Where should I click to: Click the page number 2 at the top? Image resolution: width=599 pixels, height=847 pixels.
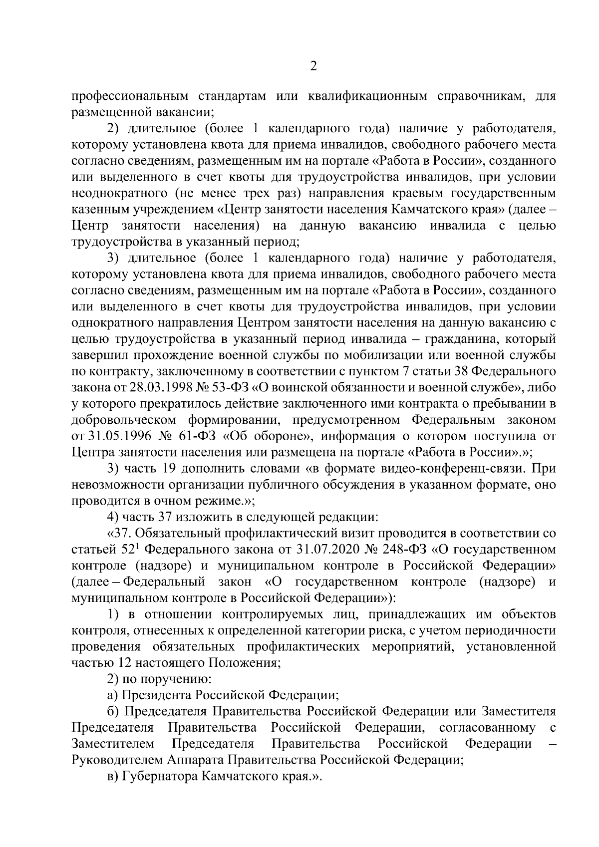tap(313, 67)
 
